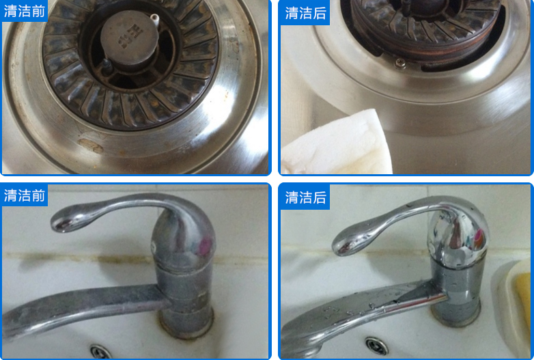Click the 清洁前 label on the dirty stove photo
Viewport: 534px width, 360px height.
click(25, 11)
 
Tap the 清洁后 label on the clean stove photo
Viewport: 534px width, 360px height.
click(305, 13)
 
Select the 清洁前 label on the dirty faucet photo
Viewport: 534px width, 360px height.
click(25, 195)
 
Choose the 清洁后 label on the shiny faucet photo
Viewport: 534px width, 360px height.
click(305, 197)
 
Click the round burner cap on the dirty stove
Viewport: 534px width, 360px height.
click(130, 38)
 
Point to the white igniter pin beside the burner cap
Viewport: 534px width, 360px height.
click(154, 18)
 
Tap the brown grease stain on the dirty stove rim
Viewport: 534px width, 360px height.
click(91, 146)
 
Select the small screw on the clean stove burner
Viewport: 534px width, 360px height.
click(400, 64)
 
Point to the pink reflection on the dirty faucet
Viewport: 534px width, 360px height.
click(206, 247)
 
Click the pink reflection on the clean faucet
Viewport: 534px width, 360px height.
click(479, 237)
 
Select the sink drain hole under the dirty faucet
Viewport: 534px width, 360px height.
click(101, 352)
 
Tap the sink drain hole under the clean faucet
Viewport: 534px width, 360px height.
click(377, 346)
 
